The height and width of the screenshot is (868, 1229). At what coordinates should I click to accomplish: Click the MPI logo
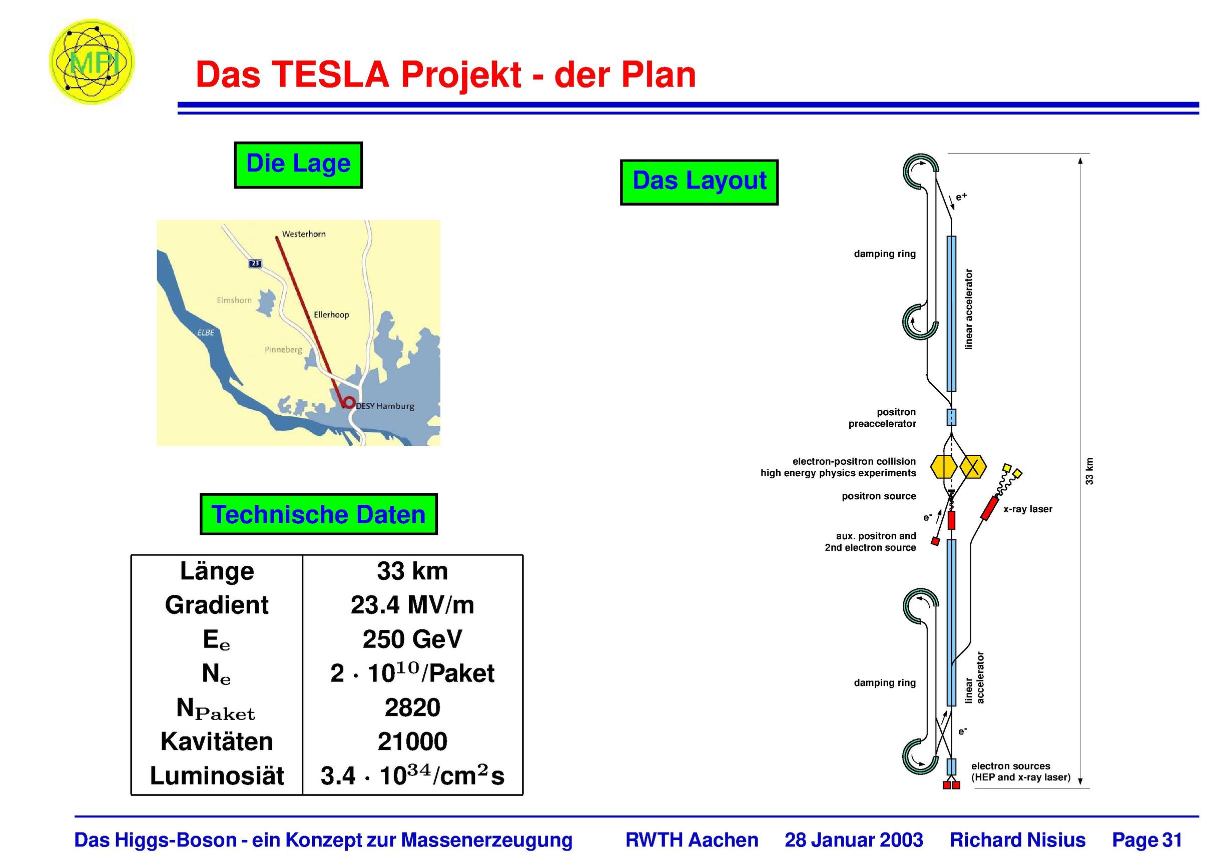point(92,62)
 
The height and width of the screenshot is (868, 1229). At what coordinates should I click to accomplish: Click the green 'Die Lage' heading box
point(298,165)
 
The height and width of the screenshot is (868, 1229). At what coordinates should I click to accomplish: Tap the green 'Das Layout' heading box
point(699,182)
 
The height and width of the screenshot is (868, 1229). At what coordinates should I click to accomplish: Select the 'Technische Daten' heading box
point(318,514)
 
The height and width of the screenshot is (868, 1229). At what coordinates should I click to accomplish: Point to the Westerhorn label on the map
point(304,234)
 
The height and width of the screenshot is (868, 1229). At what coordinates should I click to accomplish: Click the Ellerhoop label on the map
point(331,315)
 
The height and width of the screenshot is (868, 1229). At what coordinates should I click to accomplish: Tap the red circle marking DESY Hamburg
point(348,402)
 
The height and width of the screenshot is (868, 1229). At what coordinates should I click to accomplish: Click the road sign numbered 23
point(255,263)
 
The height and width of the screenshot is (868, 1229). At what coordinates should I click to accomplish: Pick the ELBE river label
point(206,332)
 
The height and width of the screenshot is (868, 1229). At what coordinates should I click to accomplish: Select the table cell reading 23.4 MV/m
point(412,605)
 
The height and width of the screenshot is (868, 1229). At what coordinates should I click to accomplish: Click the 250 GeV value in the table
point(412,639)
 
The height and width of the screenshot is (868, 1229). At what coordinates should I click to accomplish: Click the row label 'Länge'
point(217,571)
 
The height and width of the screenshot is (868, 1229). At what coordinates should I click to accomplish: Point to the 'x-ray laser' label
point(1028,509)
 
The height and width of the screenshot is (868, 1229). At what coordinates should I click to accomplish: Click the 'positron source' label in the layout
point(879,496)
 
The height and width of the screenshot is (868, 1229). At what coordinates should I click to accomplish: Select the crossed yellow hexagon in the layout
point(973,467)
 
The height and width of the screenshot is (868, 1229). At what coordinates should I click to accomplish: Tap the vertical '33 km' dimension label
point(1089,471)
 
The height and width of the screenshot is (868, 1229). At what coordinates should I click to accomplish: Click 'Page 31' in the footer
point(1147,839)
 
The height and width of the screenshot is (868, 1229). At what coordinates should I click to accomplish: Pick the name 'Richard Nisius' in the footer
point(1017,839)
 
